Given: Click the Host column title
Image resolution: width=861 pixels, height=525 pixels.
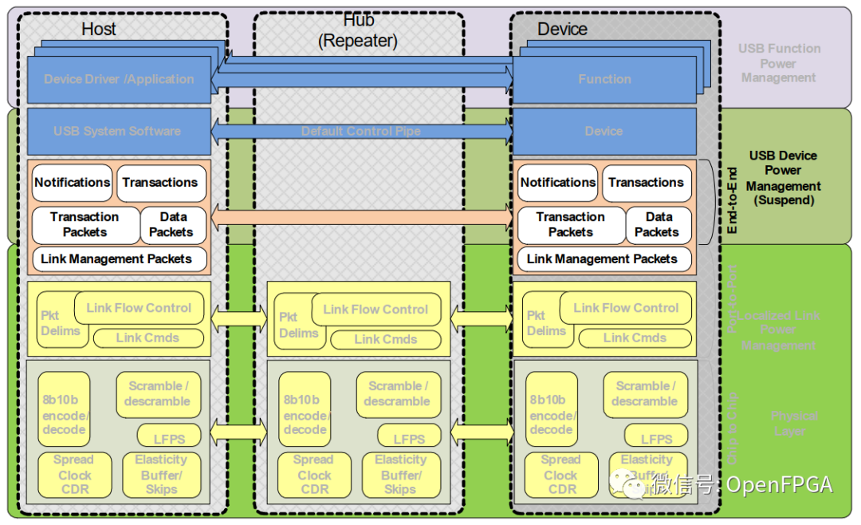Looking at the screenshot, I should (98, 30).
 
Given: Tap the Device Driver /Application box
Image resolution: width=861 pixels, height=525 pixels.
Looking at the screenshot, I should (119, 79).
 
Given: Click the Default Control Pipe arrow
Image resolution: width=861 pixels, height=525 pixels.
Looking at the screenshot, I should (360, 131).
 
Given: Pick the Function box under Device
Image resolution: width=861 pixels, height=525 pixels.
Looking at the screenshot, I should (604, 79).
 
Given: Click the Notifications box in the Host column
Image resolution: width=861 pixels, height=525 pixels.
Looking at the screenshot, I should (72, 182).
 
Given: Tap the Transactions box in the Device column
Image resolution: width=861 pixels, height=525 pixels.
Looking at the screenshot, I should (646, 182).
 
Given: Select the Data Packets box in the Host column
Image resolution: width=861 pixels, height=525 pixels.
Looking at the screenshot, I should (172, 224).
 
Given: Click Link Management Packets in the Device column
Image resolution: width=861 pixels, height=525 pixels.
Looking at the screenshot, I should (602, 259).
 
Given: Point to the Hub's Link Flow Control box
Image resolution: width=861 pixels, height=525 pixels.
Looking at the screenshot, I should (375, 310).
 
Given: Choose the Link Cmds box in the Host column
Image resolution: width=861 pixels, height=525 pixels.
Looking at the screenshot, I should (147, 337).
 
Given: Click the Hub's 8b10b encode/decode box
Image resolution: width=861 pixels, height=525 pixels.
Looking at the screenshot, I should (305, 414).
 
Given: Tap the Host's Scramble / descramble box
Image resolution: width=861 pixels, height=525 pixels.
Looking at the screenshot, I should (157, 393).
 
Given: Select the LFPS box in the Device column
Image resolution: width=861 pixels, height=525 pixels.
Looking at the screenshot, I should (656, 438).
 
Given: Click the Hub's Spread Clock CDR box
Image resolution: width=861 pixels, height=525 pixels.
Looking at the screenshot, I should (313, 475).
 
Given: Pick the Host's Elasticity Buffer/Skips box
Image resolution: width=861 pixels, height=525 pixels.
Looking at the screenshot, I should (161, 475).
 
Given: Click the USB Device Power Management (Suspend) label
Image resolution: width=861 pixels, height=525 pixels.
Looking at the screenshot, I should (783, 178).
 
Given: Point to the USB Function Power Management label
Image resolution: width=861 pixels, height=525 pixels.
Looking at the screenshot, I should (779, 63).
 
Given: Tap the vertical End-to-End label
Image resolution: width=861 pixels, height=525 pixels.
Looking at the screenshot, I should (733, 200).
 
